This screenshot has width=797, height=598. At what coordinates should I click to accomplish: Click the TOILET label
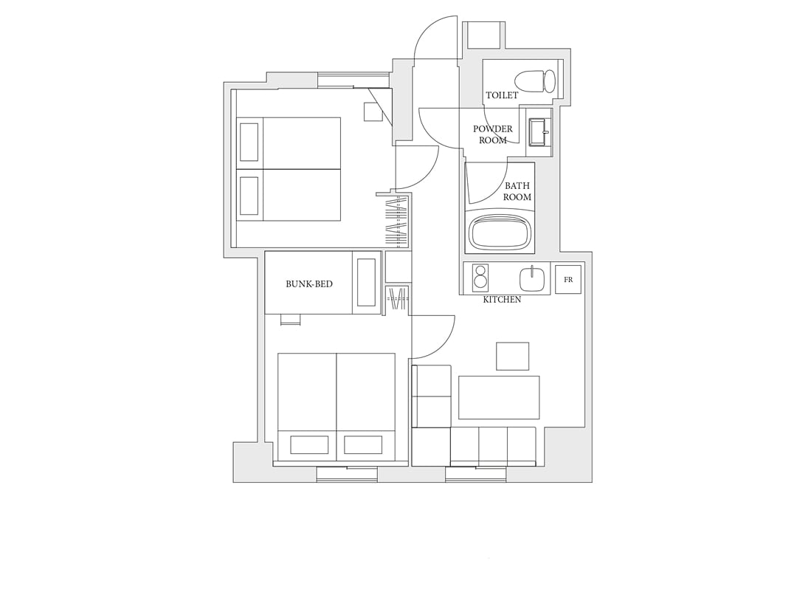[502, 95]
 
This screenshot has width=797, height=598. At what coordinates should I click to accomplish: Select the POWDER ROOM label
[492, 134]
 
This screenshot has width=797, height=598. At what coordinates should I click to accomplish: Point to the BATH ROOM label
[517, 191]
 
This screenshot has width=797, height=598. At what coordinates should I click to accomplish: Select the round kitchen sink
[532, 278]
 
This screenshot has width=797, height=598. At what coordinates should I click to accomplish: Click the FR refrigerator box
[567, 279]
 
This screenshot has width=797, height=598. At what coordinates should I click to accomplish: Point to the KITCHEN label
[502, 300]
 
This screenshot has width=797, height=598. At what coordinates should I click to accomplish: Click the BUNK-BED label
[309, 283]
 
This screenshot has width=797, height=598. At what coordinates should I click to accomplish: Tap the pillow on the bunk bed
[366, 282]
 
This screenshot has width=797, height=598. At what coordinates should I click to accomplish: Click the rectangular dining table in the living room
[499, 397]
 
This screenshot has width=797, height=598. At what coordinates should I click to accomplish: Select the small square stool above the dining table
[512, 356]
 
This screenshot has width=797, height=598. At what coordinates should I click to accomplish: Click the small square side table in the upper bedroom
[373, 111]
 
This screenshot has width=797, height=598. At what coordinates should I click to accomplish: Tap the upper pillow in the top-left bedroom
[249, 142]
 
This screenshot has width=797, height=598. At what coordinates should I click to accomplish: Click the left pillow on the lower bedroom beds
[309, 444]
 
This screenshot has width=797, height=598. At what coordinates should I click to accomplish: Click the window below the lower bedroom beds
[347, 474]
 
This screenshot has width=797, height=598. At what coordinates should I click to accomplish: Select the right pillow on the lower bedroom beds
[363, 444]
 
